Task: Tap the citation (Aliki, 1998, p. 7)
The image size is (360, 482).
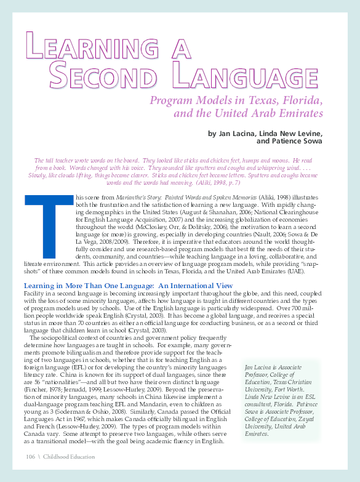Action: (214, 183)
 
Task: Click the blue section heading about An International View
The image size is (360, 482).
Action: (128, 285)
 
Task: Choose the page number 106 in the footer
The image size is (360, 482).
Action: (31, 456)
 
